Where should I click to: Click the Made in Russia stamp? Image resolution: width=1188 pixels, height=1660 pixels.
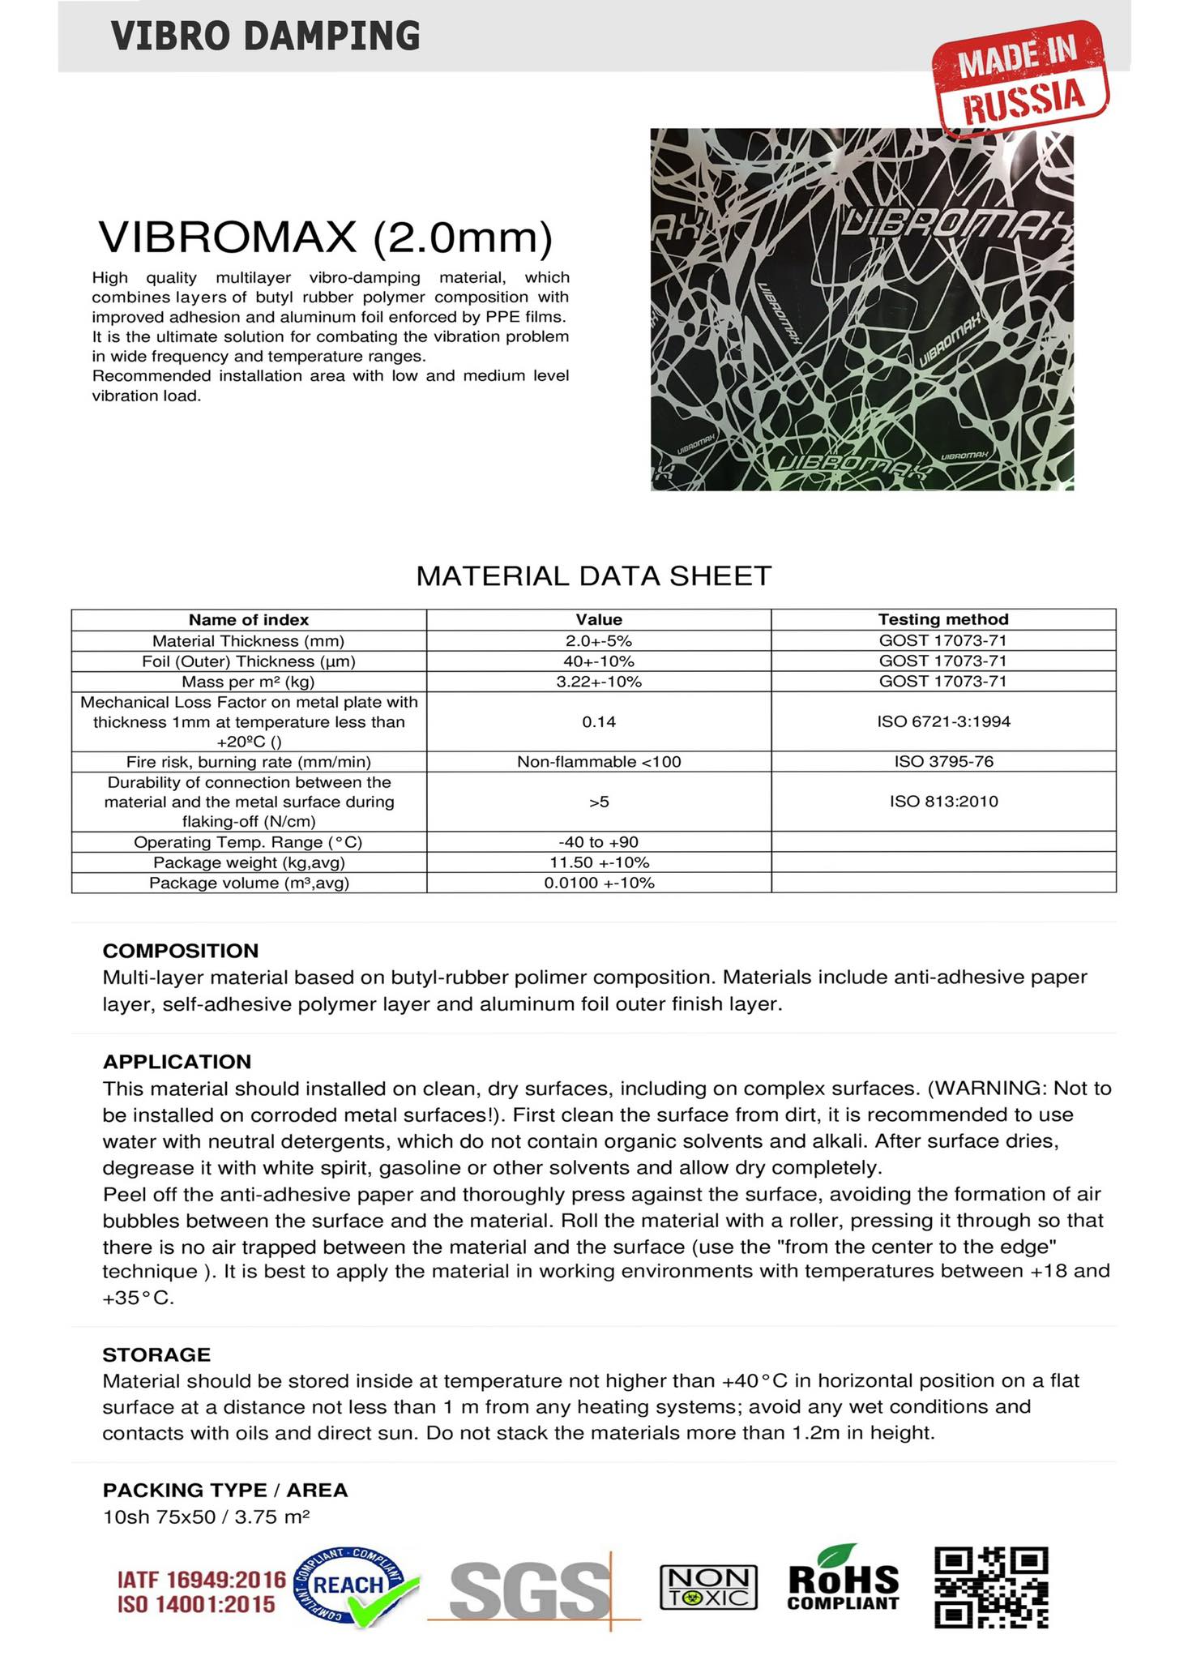(1019, 78)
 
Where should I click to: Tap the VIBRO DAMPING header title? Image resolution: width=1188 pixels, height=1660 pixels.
(266, 36)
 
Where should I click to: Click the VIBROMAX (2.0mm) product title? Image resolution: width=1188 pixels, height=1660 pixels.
(325, 237)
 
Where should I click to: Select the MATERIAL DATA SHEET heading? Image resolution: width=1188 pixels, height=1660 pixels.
(593, 575)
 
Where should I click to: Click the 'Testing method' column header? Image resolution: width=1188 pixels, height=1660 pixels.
(943, 619)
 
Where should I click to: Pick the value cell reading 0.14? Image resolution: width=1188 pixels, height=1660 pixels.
(599, 721)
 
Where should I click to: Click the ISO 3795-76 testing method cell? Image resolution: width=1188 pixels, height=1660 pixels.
(943, 761)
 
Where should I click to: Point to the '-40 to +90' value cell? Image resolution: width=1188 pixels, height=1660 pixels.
(599, 841)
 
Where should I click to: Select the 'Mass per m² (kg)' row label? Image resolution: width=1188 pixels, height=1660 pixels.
(248, 682)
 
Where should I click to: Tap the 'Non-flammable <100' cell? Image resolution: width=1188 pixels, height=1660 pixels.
(599, 761)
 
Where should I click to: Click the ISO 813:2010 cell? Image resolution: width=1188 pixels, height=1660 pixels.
(943, 802)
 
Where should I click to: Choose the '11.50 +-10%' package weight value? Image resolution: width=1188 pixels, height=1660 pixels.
(599, 862)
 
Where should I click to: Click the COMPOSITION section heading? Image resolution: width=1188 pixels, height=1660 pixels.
(181, 951)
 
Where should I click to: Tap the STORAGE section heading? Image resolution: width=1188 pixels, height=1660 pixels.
(156, 1354)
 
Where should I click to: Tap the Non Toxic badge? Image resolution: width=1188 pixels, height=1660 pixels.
(709, 1586)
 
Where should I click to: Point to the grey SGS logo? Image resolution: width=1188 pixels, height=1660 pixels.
(531, 1589)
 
